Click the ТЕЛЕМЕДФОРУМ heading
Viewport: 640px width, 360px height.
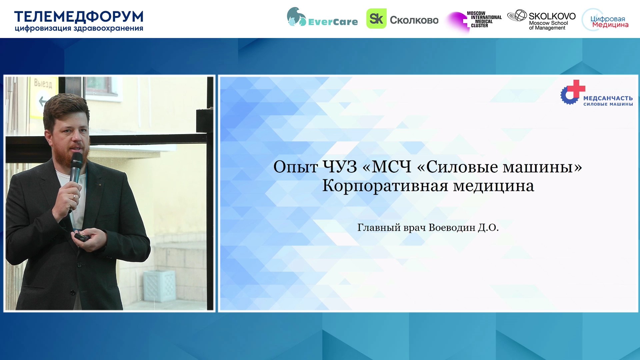[79, 17]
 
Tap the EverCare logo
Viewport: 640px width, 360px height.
[322, 17]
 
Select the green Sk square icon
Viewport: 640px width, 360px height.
[376, 19]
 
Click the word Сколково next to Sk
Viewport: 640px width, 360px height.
[414, 20]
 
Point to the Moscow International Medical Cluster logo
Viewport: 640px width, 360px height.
[474, 21]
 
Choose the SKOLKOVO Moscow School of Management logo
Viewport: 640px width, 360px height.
[542, 20]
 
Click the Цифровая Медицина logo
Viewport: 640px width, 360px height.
[605, 20]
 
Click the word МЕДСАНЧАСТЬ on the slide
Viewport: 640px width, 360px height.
[608, 98]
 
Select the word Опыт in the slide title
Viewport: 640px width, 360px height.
[295, 167]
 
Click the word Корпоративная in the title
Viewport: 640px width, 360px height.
[385, 186]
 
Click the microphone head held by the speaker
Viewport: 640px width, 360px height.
[77, 159]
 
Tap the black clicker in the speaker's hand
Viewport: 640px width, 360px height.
[82, 237]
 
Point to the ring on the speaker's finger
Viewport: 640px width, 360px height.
[74, 196]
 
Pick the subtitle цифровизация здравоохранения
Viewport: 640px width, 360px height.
[79, 28]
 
